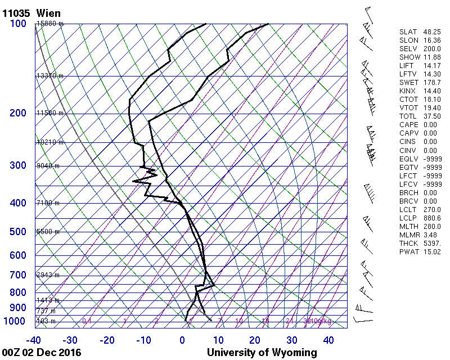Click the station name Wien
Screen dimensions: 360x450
48,13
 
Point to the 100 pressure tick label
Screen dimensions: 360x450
17,24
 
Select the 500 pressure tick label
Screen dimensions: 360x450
17,232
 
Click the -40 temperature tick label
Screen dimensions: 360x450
33,340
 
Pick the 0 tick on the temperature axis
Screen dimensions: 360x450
182,340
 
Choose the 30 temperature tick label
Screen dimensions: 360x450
292,340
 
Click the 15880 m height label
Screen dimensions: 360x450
50,24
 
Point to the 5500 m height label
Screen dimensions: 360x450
48,232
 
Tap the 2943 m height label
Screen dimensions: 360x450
48,275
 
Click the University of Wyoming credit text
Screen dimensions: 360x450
262,353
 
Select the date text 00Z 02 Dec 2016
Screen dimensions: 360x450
42,353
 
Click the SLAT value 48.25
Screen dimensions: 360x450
432,32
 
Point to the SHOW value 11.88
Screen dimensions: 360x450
432,57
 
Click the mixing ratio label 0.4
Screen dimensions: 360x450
87,321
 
